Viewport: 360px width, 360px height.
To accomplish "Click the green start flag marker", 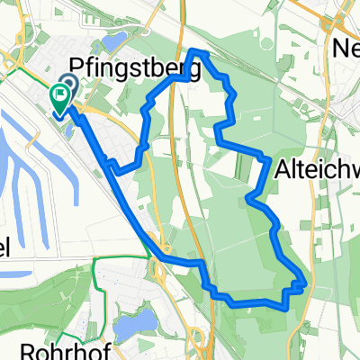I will (x=60, y=97).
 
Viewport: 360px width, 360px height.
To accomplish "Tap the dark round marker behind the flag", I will (x=70, y=85).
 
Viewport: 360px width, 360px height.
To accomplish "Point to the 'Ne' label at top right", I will (x=346, y=47).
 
